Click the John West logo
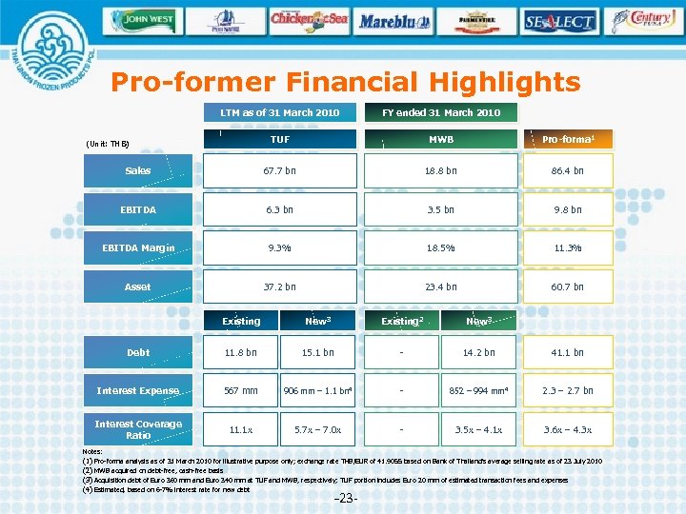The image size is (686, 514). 143,19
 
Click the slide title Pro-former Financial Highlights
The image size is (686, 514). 345,83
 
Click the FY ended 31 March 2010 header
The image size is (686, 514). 440,112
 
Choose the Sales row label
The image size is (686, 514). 138,171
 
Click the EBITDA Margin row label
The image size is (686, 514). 138,248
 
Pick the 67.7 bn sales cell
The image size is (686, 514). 279,171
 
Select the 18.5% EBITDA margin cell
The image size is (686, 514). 440,248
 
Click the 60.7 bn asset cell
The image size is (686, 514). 567,287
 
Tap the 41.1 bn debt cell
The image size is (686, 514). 567,353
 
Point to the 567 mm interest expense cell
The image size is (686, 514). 240,391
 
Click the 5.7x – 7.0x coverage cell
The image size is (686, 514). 317,429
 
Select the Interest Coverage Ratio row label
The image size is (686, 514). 138,429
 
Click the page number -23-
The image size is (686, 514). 346,499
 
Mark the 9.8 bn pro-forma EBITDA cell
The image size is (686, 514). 567,209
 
